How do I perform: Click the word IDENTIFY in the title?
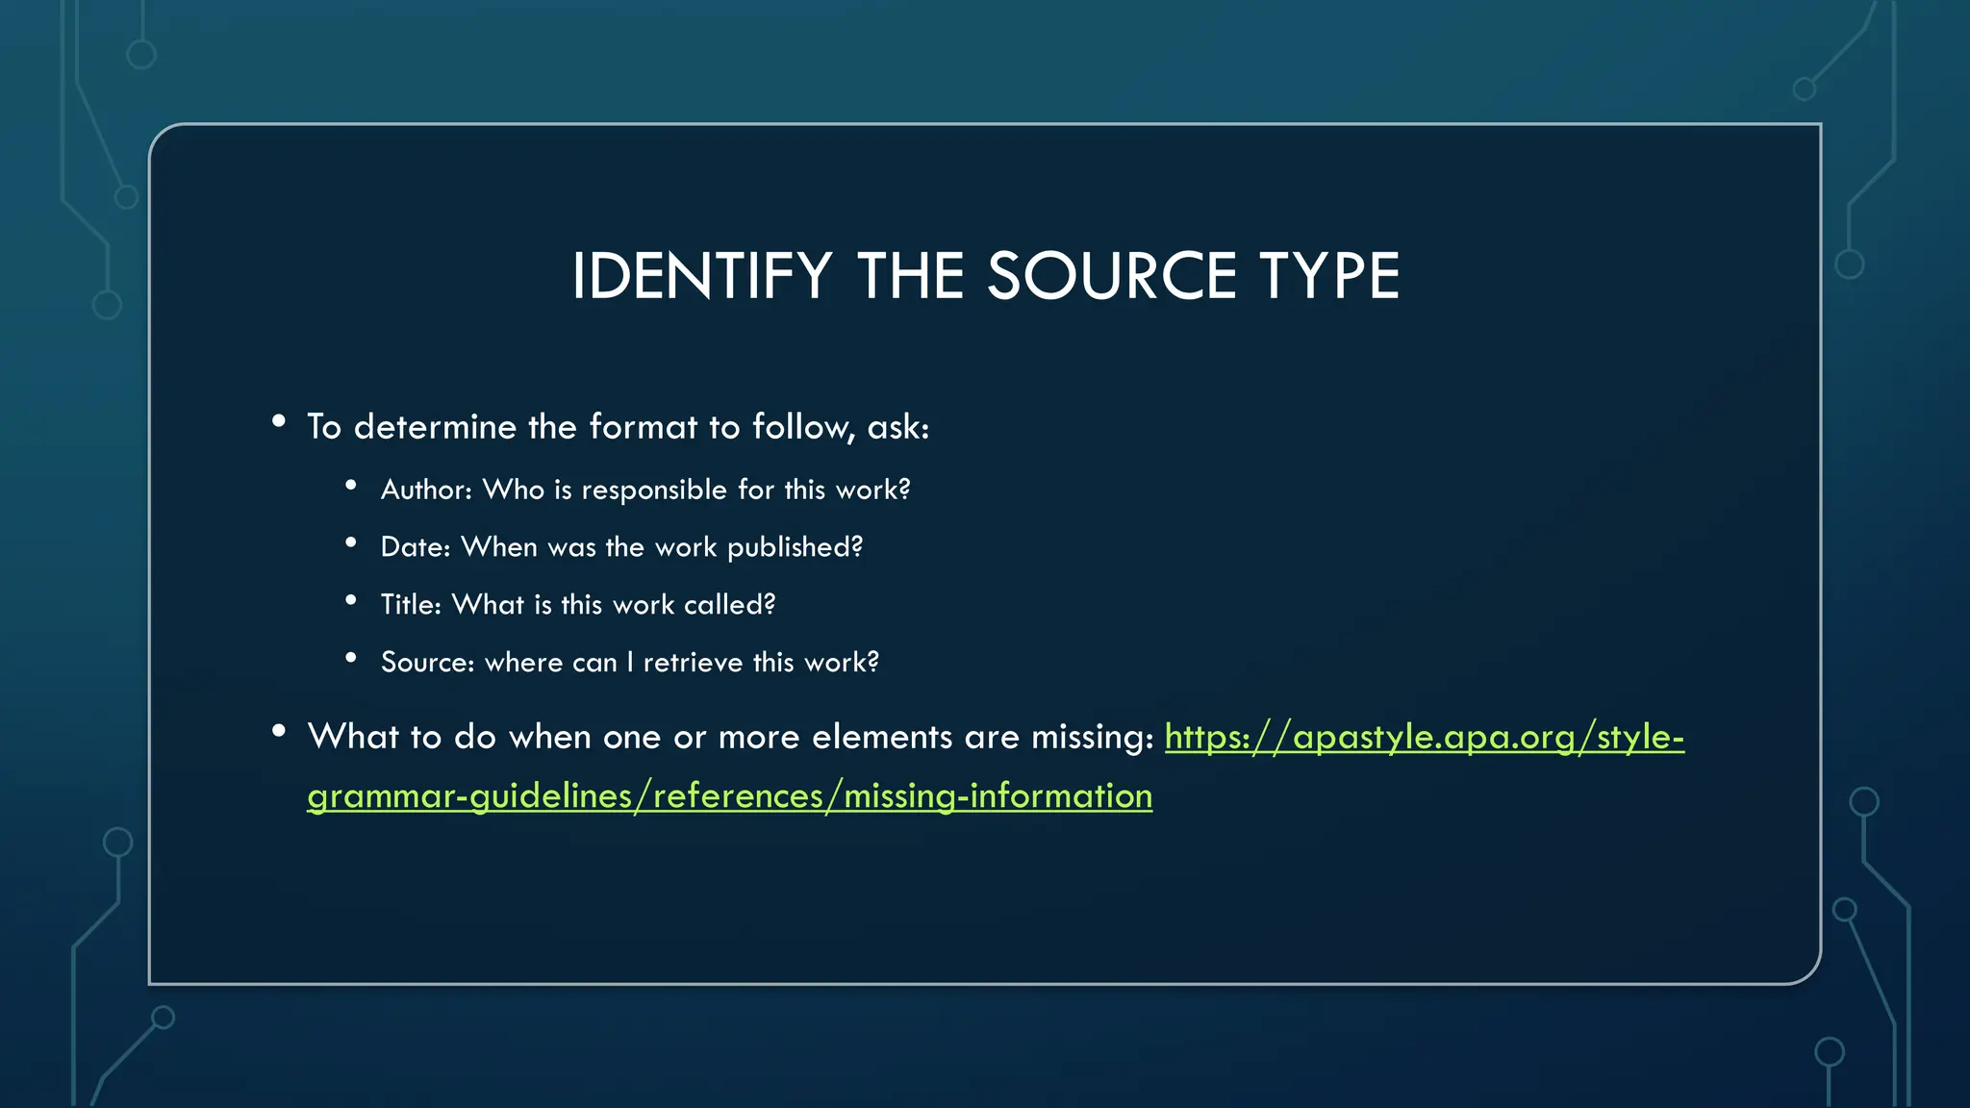701,277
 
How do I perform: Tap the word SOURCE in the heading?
1111,277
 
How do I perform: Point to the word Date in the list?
415,547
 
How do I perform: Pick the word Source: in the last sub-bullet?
427,663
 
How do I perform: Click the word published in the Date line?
795,547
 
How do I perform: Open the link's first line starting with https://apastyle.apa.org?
1424,738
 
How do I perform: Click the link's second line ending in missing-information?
729,796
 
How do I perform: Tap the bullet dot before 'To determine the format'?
279,421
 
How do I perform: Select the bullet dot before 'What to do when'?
279,731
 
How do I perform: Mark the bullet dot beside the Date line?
351,543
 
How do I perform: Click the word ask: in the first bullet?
898,427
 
